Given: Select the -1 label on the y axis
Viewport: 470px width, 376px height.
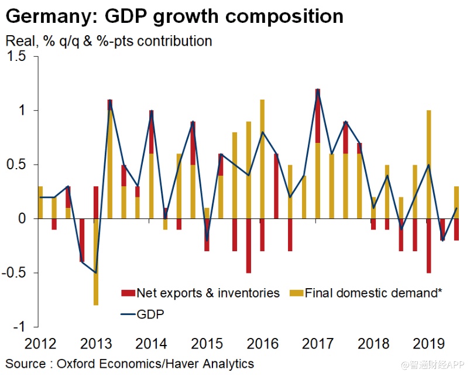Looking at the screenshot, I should click(22, 327).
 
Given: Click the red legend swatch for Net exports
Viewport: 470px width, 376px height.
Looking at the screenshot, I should click(127, 293).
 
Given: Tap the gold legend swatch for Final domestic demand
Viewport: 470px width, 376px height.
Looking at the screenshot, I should click(296, 293).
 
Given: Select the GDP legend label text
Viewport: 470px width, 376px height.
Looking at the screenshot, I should click(150, 315).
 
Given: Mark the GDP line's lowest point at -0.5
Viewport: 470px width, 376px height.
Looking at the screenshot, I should click(96, 272).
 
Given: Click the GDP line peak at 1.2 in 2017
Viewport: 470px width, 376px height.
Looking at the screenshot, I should click(318, 90).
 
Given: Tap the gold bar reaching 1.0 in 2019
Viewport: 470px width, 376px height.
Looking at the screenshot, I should click(429, 164).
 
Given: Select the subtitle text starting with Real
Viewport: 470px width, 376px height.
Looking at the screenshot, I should click(108, 42).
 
